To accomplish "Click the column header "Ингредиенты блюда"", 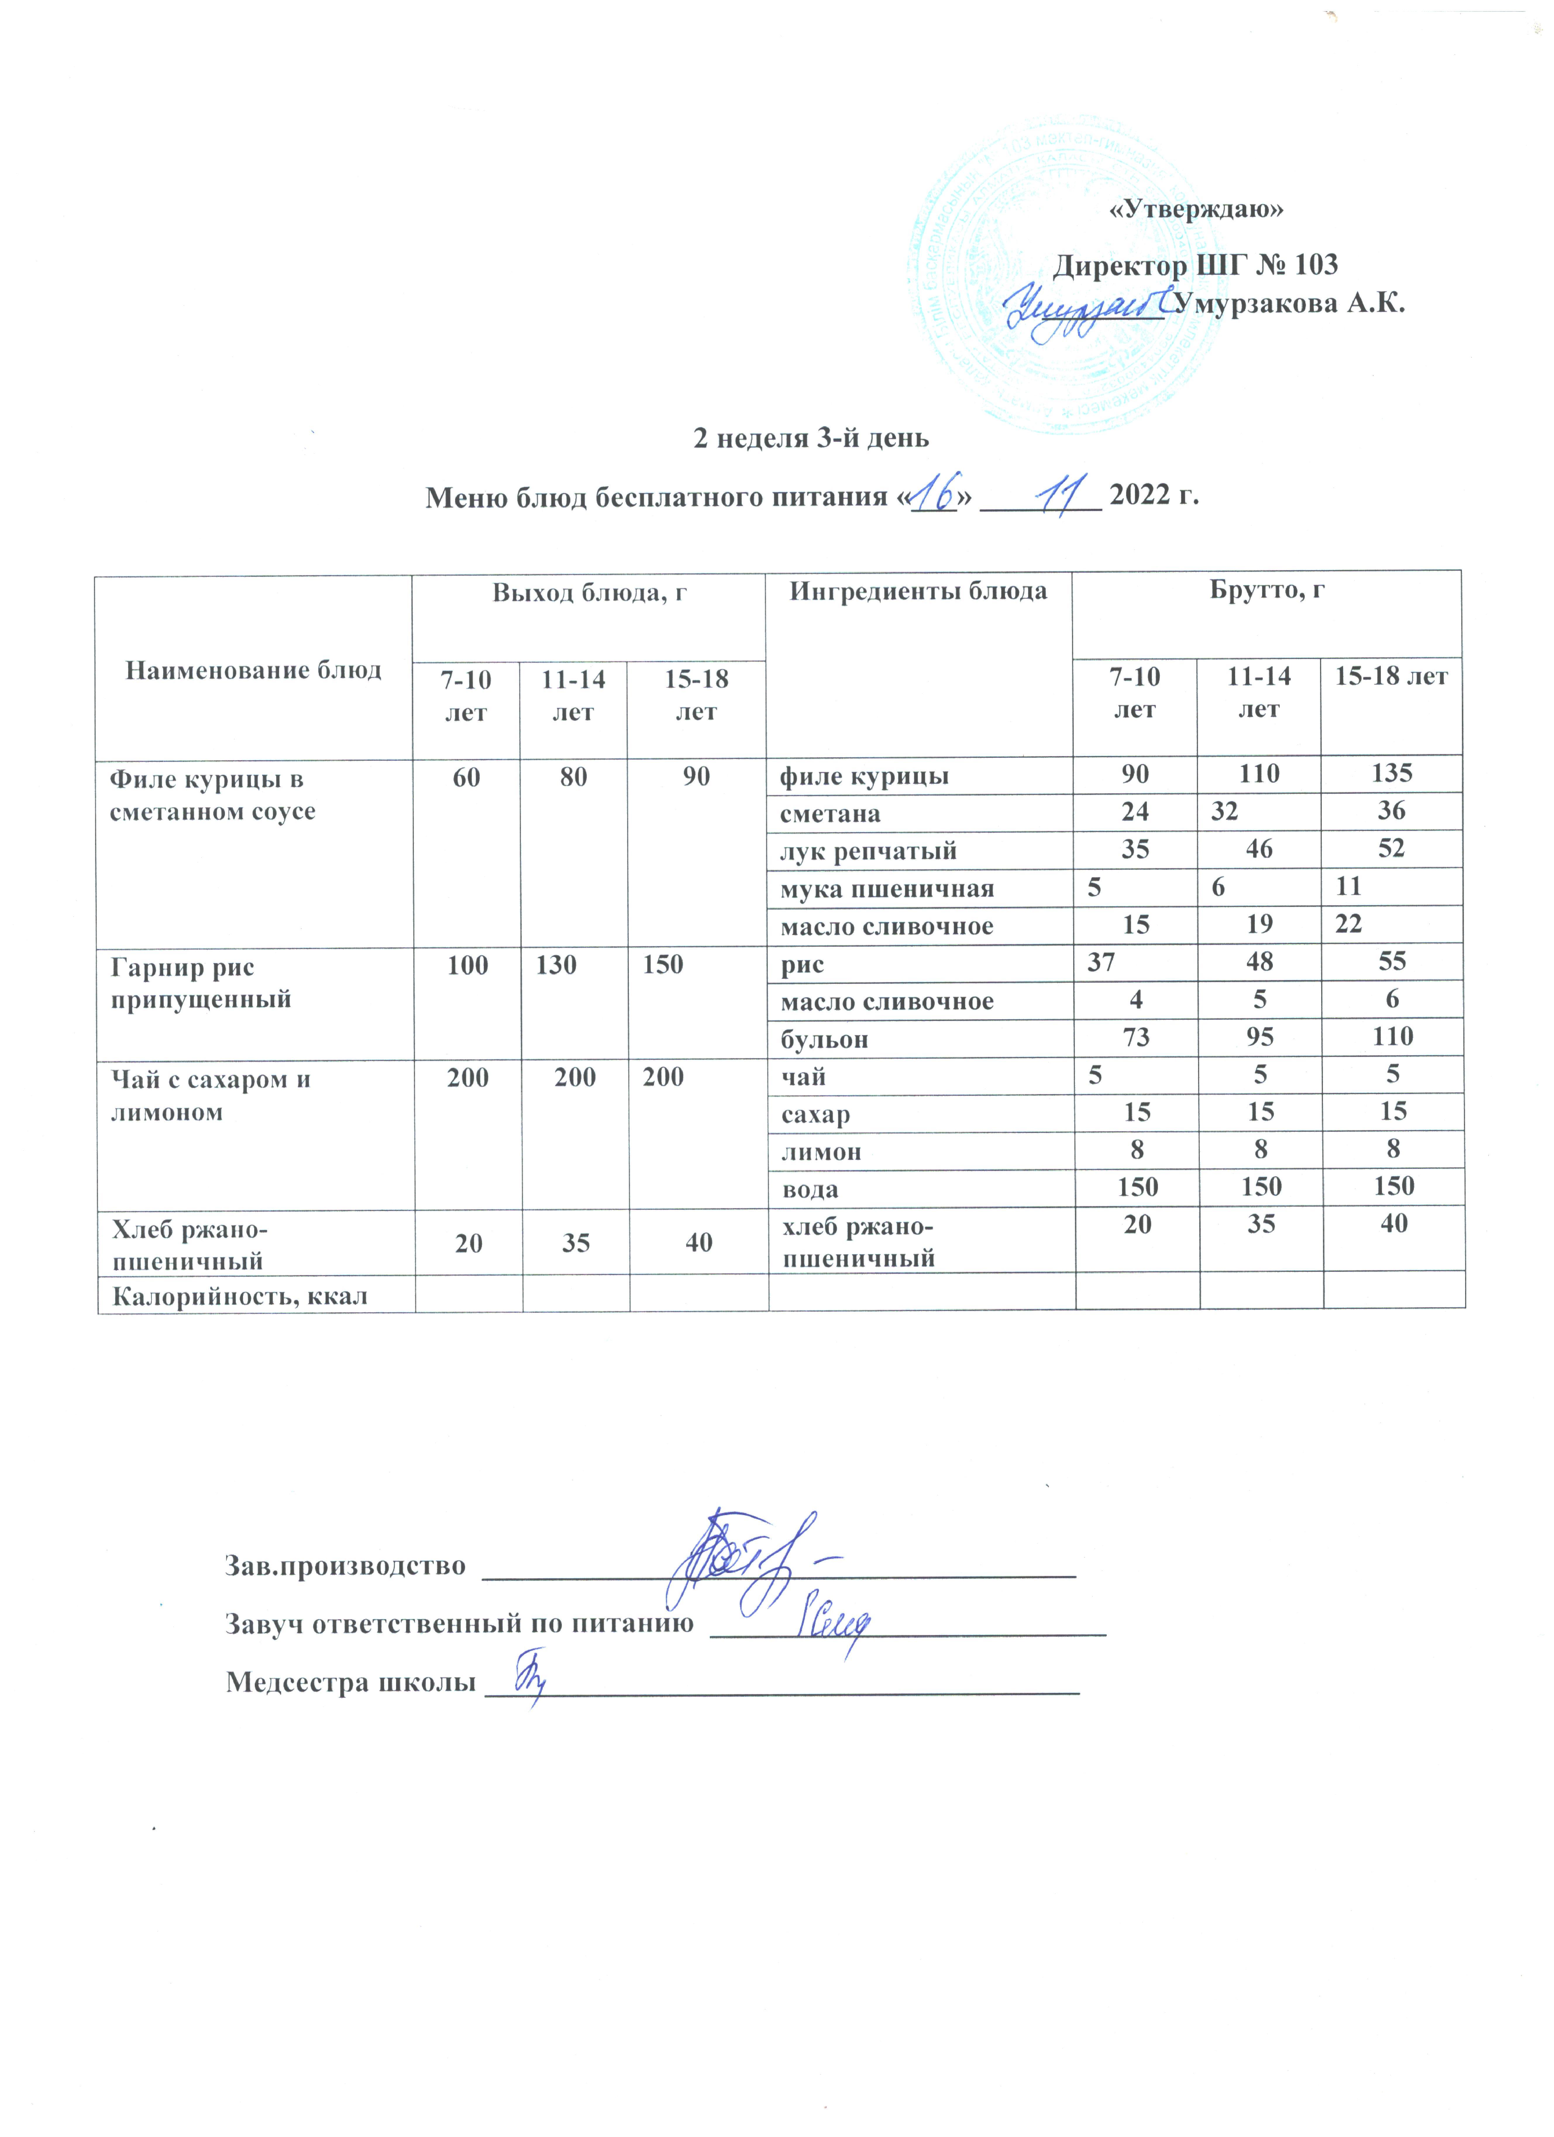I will pyautogui.click(x=918, y=592).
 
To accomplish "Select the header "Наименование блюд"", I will pyautogui.click(x=254, y=670).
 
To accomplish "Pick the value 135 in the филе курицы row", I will pyautogui.click(x=1392, y=774).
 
